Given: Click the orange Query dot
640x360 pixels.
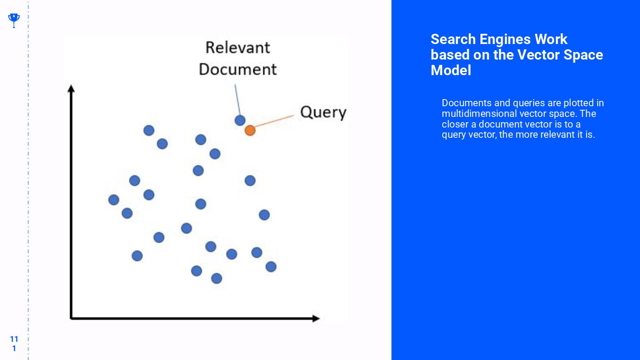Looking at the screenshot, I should pos(250,130).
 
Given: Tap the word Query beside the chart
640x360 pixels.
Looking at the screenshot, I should pos(323,112).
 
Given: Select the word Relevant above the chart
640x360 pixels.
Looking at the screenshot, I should pos(238,48).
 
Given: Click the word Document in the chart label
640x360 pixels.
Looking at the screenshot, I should pos(238,69).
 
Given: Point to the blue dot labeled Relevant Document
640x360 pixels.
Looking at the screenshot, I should pos(240,120).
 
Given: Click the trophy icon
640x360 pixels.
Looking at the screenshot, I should pos(14,19).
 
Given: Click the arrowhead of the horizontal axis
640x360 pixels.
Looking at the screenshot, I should pos(315,318).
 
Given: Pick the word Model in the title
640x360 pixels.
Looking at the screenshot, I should pos(451,70).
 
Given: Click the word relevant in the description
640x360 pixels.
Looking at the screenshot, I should pos(557,135).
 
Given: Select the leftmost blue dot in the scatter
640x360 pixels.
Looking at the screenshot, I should pos(114,200).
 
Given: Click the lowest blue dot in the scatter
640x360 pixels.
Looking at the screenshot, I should pos(216,278).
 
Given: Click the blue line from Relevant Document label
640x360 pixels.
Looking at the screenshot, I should pos(237,100).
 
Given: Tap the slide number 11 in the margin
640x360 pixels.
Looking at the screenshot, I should pos(14,339).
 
